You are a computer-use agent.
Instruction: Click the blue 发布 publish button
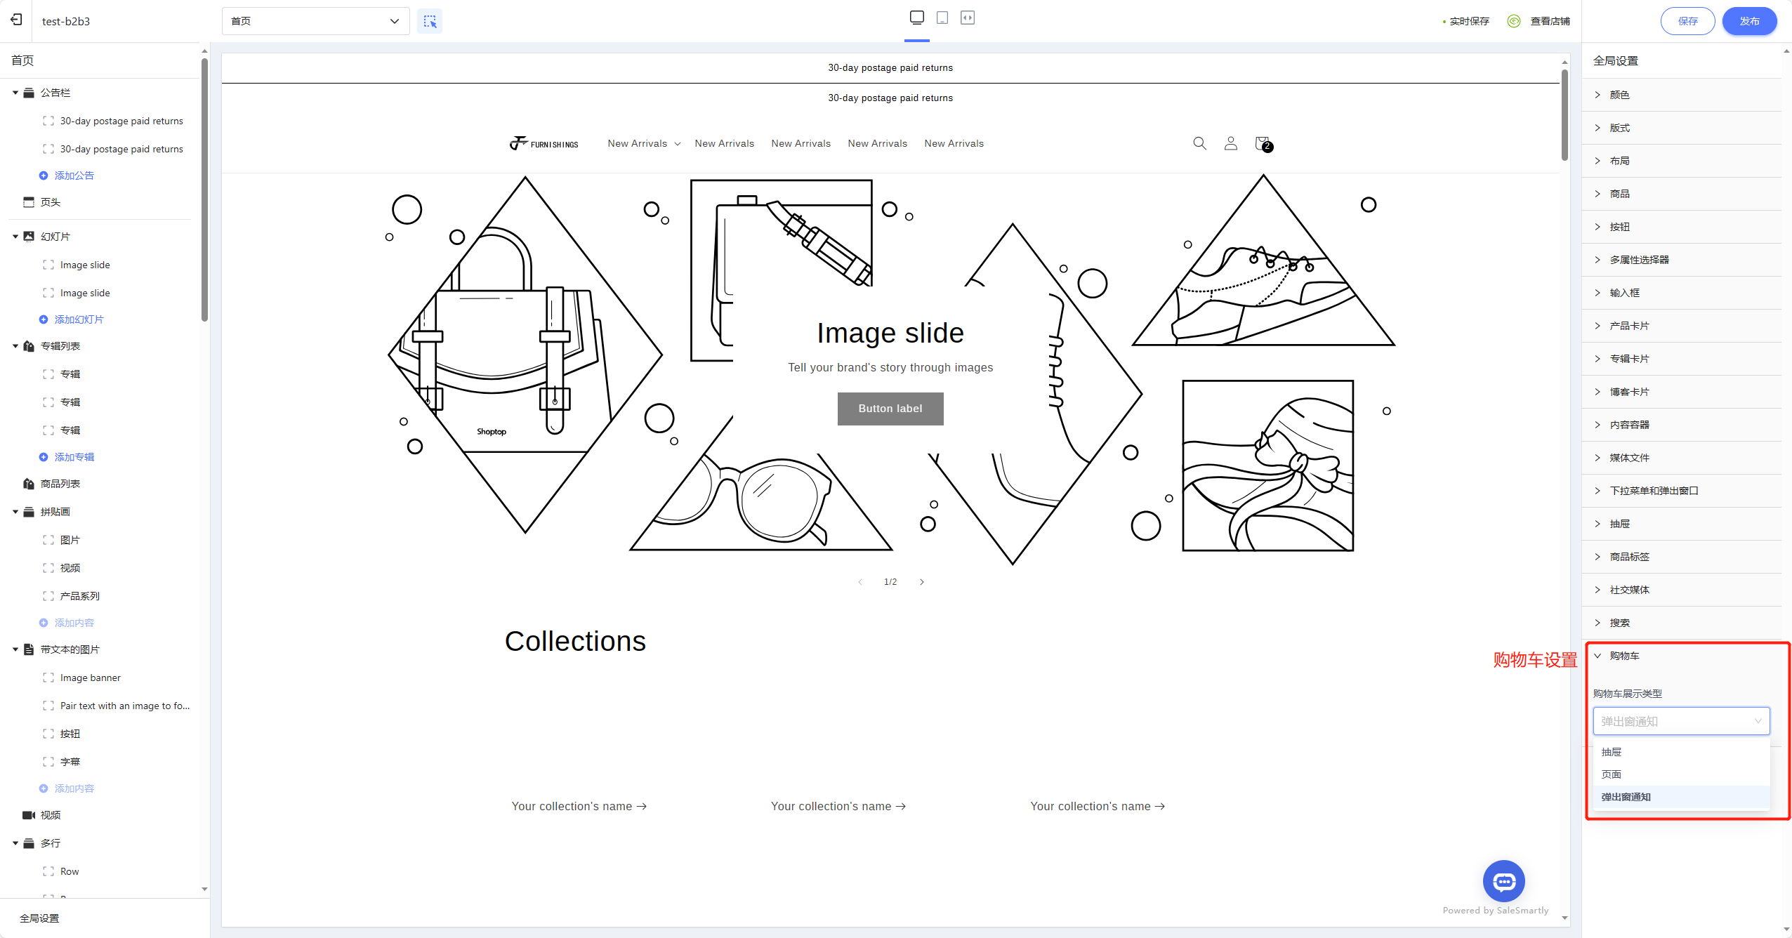[x=1749, y=21]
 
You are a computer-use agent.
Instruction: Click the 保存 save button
[x=1687, y=21]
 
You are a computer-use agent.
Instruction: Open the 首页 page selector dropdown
[x=315, y=21]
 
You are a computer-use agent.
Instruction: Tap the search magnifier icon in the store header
[x=1199, y=143]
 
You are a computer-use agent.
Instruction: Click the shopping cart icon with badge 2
[x=1263, y=144]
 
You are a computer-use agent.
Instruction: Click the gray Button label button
[x=890, y=409]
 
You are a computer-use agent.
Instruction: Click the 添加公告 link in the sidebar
[x=74, y=176]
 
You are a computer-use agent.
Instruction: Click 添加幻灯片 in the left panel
[x=79, y=319]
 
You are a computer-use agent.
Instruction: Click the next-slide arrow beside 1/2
[x=922, y=582]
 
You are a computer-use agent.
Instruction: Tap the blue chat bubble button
[x=1503, y=881]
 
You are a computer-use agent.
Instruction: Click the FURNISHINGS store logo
[x=544, y=143]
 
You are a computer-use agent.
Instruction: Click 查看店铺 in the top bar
[x=1550, y=21]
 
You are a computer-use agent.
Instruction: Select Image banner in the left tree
[x=91, y=678]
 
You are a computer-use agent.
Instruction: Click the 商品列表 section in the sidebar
[x=60, y=484]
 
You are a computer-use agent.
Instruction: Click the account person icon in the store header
[x=1231, y=143]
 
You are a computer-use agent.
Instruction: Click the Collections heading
[x=575, y=641]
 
